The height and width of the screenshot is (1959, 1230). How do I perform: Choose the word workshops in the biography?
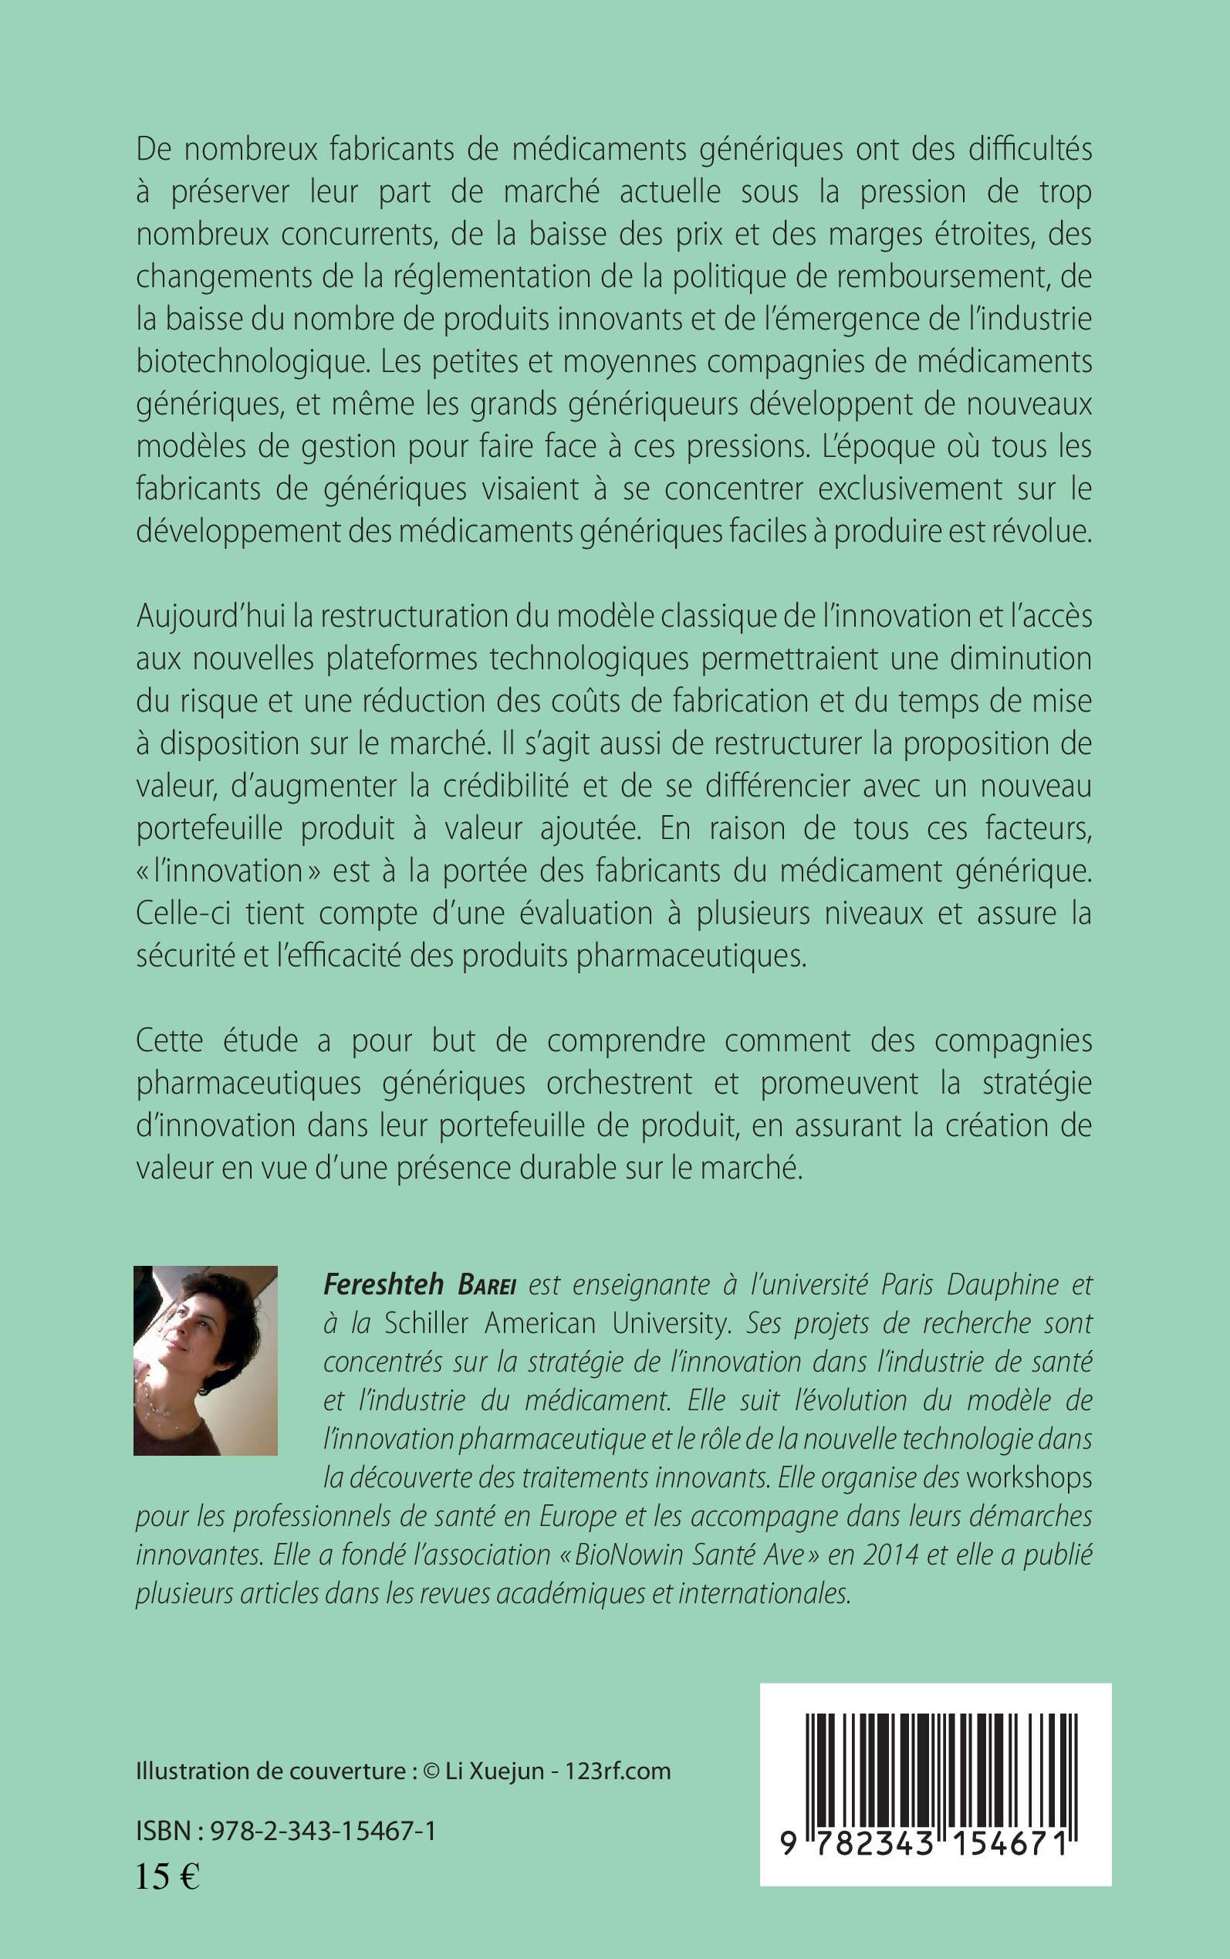(1029, 1477)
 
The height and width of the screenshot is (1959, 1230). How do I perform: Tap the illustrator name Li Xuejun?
(495, 1771)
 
